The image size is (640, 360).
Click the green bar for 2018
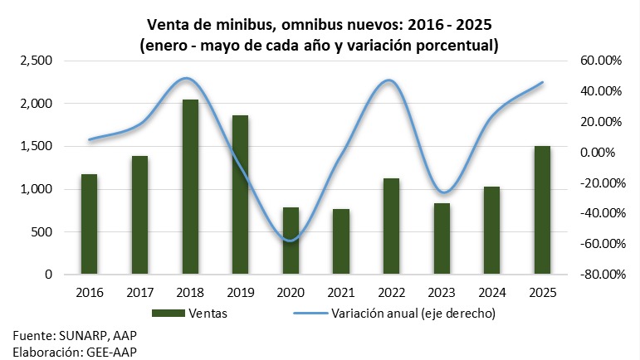coord(190,187)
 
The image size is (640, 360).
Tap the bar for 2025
coord(542,210)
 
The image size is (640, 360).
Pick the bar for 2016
coord(89,224)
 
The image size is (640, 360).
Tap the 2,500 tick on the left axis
coord(35,61)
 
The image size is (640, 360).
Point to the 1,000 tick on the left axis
coord(35,189)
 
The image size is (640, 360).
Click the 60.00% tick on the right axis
coord(600,61)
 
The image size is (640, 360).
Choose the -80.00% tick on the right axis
coord(598,275)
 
